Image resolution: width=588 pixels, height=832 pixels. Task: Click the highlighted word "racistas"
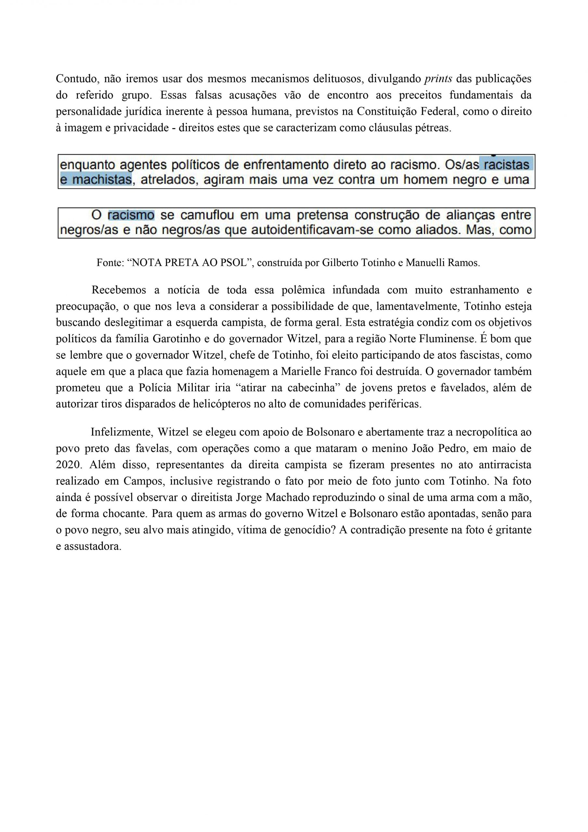tap(506, 165)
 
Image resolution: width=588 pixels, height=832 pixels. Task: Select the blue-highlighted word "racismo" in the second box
tap(131, 215)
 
